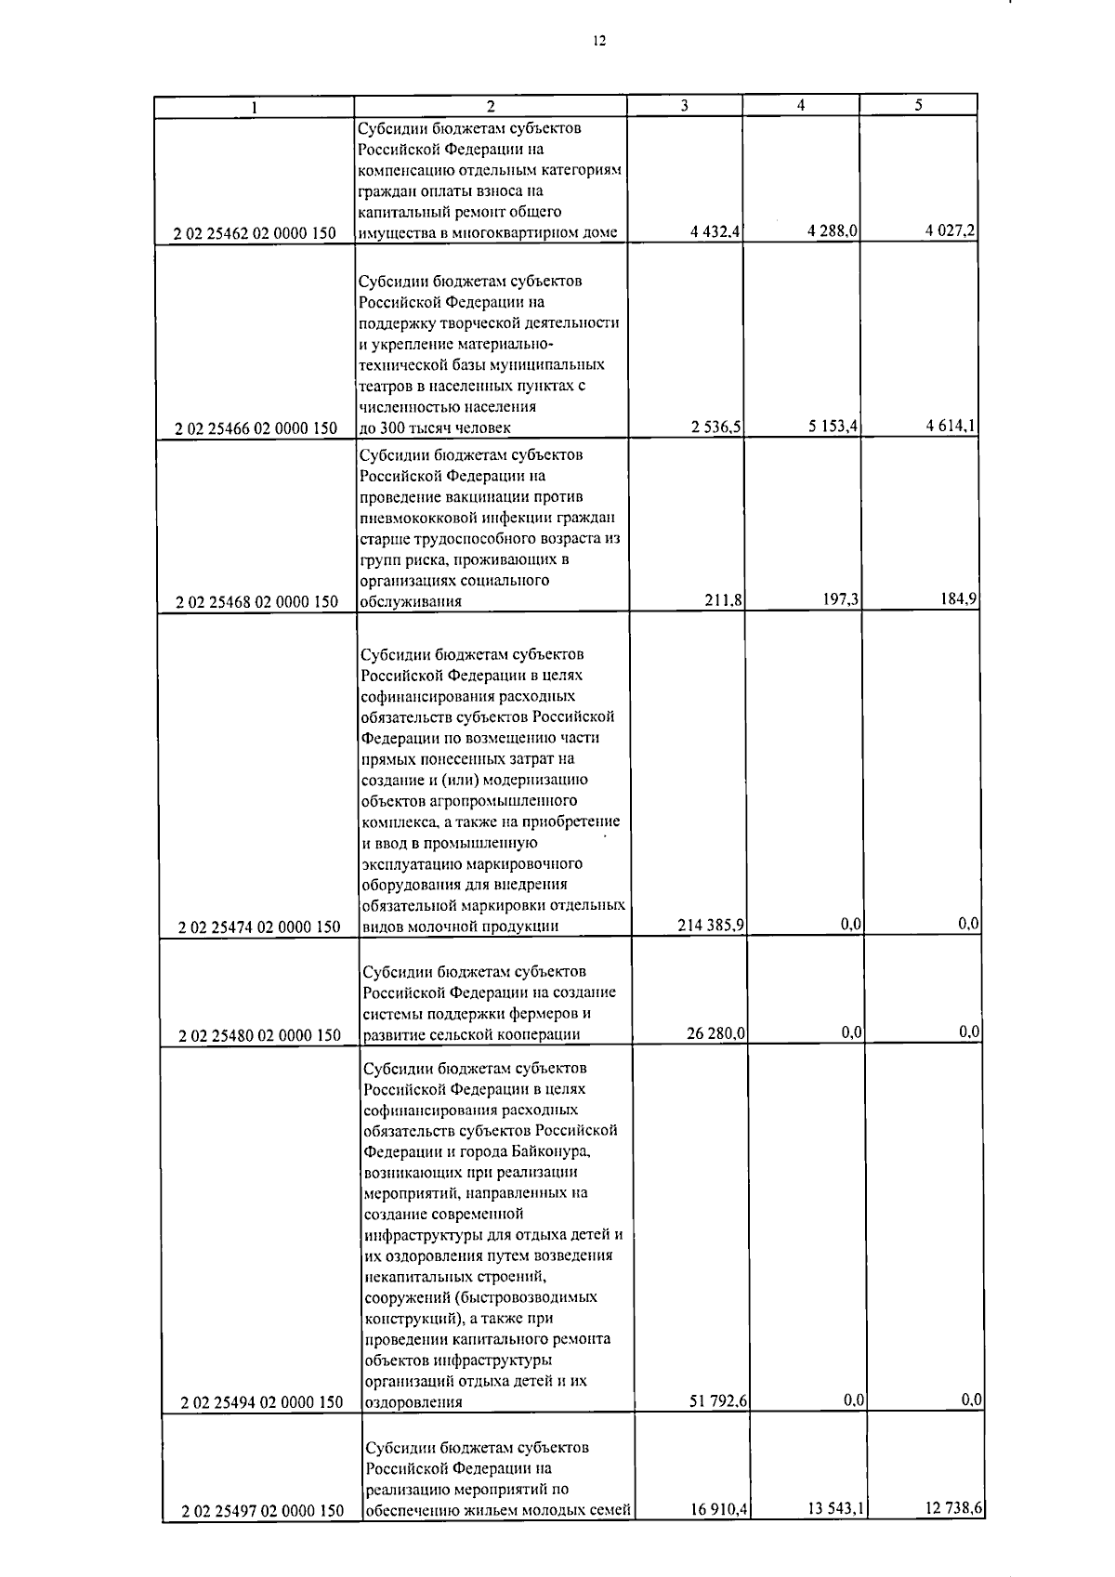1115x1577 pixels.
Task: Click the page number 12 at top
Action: pos(599,40)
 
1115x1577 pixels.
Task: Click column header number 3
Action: pos(684,105)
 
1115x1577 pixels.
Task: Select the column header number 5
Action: pos(917,105)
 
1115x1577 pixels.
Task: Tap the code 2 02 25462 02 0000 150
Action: pos(255,233)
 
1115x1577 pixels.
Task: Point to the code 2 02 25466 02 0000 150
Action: pos(256,428)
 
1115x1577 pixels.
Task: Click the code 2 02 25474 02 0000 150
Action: pos(259,926)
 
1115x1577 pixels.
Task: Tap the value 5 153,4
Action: pos(833,427)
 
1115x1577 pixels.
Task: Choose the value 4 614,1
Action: pos(950,426)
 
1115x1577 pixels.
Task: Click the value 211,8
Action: pos(724,601)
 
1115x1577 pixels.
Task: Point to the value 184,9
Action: pos(958,599)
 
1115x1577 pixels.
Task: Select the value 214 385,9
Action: pos(711,926)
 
